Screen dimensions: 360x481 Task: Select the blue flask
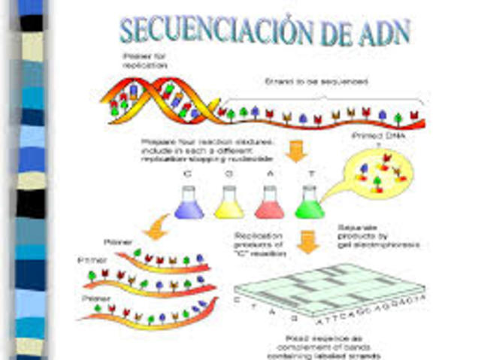click(x=189, y=203)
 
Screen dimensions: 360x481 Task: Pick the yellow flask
click(x=228, y=203)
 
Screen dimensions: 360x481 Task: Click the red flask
click(x=269, y=203)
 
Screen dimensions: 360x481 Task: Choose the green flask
click(x=309, y=203)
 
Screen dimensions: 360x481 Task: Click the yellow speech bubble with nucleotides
click(x=380, y=177)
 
